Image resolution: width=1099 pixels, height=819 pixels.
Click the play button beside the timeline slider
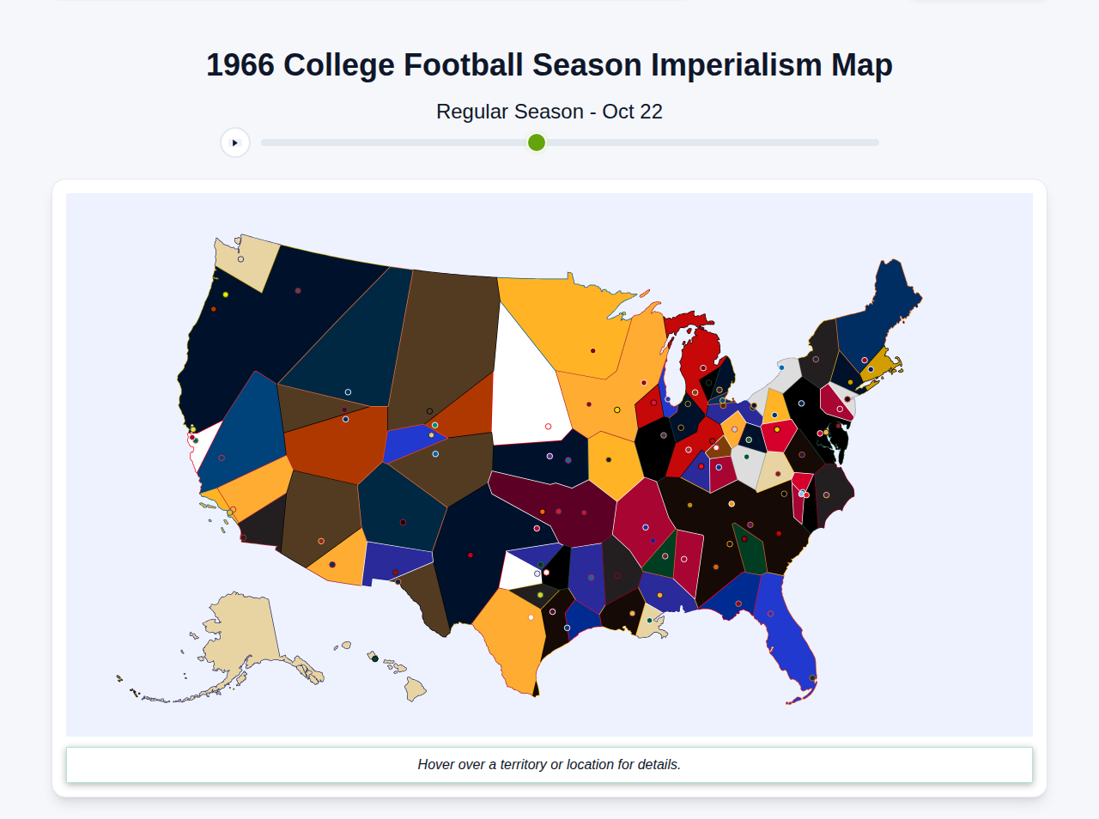(x=234, y=143)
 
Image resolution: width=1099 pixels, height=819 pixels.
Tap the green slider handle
(x=537, y=143)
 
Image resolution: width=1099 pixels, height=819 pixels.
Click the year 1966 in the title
(x=240, y=65)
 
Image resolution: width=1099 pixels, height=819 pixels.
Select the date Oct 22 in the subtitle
(x=632, y=112)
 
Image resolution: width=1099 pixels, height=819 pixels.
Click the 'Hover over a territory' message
(x=549, y=764)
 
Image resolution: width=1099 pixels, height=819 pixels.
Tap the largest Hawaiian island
(x=415, y=689)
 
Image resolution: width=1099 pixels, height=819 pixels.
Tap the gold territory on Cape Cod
(x=880, y=365)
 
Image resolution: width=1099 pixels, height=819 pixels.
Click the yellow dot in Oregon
(x=226, y=294)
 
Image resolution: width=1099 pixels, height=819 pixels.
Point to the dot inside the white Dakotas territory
(x=548, y=427)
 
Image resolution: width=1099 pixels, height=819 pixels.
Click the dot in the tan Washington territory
(x=240, y=259)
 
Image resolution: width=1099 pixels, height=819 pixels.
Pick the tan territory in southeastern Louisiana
(x=652, y=623)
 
